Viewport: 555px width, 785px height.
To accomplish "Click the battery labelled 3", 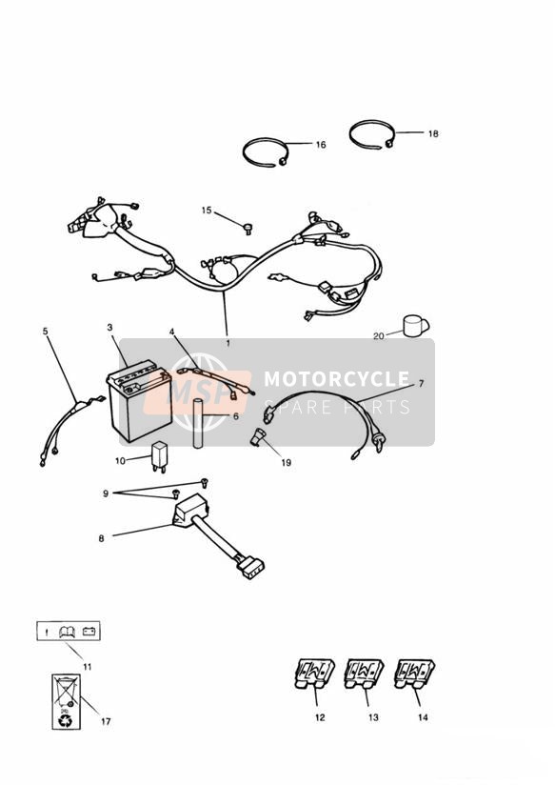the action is (140, 400).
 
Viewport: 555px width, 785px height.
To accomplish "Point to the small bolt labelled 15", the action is (248, 229).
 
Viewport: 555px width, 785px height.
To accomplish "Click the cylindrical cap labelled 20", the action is (415, 326).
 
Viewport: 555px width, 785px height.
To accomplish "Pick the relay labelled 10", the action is (160, 455).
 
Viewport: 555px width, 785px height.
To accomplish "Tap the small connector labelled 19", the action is (259, 436).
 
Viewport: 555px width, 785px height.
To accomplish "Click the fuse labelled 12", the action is (314, 674).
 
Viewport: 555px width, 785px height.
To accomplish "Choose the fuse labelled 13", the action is (364, 674).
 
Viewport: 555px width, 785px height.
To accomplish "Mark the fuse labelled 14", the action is (414, 674).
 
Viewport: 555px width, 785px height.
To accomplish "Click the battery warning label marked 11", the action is (69, 632).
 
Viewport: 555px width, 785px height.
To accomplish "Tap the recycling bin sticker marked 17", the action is (66, 701).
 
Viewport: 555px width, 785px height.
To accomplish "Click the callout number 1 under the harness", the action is (228, 343).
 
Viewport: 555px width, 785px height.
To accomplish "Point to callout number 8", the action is (102, 538).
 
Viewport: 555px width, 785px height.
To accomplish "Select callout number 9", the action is (106, 493).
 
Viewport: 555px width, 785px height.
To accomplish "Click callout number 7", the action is (421, 384).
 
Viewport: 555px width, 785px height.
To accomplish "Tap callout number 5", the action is (46, 331).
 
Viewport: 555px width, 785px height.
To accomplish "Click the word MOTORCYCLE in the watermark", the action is (337, 379).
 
